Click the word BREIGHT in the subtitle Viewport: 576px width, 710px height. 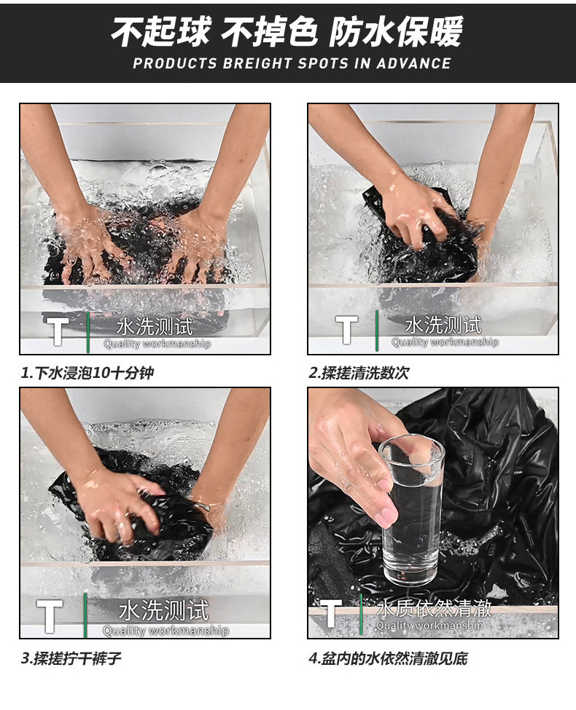257,63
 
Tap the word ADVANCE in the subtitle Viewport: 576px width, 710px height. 413,63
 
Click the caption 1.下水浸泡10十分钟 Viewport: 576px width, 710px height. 87,373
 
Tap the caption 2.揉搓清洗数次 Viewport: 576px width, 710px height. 359,373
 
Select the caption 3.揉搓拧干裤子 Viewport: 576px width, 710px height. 71,658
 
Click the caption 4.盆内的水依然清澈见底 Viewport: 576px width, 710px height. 388,658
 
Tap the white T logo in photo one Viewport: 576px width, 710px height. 58,330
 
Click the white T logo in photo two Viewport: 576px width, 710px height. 347,328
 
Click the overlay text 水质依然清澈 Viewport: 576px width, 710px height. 434,607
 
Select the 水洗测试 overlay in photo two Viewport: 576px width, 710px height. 443,325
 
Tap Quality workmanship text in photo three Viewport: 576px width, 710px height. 166,630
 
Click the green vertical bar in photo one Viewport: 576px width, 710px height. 88,331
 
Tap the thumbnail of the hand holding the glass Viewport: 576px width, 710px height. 433,513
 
